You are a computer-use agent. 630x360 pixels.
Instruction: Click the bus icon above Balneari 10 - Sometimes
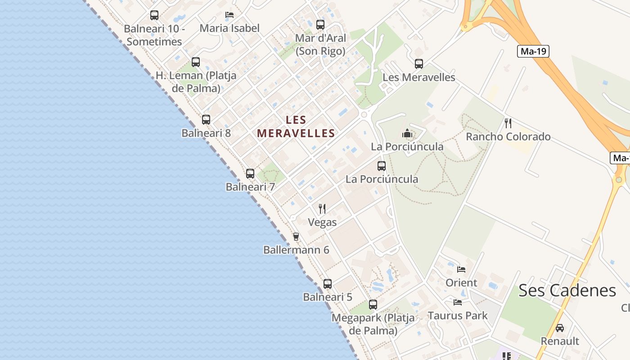point(154,15)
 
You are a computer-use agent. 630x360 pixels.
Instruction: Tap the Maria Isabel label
point(229,28)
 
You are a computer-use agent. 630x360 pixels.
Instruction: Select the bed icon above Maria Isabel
point(229,15)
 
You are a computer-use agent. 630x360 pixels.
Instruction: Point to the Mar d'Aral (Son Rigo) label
point(320,45)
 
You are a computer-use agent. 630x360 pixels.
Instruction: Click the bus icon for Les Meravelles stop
point(419,64)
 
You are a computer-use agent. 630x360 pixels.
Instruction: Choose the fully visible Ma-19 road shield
point(533,51)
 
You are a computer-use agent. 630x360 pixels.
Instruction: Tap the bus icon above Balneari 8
point(206,120)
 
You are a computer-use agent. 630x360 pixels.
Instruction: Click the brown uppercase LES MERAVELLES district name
point(296,127)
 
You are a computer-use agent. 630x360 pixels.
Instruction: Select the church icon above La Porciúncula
point(407,133)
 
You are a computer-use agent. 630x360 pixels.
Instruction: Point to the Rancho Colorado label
point(508,137)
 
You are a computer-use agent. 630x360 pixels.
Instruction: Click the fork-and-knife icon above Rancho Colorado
point(508,123)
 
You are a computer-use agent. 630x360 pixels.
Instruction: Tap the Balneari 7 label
point(250,187)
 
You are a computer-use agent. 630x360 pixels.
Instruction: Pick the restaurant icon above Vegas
point(322,209)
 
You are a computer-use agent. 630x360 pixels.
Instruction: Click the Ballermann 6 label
point(296,250)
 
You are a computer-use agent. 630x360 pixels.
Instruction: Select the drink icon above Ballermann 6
point(296,237)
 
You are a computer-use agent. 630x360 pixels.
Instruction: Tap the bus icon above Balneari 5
point(328,284)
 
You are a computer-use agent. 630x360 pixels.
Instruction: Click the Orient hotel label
point(461,283)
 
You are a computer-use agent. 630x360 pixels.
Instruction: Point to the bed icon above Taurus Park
point(458,302)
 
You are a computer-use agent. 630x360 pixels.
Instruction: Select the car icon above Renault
point(560,328)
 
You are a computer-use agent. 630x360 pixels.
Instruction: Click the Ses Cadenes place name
point(567,291)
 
